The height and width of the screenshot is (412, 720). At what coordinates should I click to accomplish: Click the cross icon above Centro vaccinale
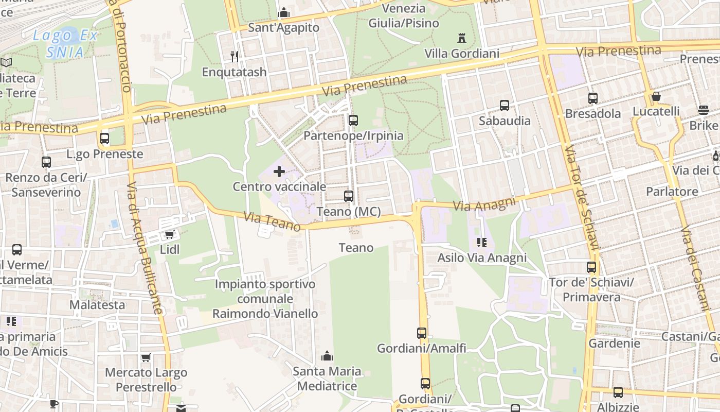coord(279,171)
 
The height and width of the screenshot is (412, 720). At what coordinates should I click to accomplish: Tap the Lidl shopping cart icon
coord(169,235)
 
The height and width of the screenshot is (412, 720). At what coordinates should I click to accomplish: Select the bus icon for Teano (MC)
coord(349,196)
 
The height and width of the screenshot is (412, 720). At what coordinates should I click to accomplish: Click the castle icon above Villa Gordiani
coord(461,38)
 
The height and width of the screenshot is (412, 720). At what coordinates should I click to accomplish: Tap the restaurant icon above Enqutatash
coord(235,56)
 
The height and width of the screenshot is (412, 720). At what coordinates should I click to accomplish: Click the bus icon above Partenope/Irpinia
coord(353,121)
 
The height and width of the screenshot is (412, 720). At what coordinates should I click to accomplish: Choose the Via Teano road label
coord(272,222)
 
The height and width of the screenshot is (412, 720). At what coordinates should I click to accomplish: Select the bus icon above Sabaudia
coord(505,106)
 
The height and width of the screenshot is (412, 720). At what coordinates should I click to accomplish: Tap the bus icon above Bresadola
coord(593,98)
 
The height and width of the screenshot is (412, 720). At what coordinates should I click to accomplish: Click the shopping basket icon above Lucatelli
coord(656,96)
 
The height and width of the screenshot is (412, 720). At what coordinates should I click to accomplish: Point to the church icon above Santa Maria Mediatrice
coord(327,356)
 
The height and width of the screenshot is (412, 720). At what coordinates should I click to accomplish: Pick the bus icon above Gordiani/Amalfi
coord(422,333)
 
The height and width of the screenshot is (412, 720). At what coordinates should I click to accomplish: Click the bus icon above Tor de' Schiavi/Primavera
coord(591,267)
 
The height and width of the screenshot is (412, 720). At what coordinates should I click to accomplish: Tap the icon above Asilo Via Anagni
coord(482,242)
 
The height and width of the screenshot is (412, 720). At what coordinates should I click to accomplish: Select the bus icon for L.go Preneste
coord(104,138)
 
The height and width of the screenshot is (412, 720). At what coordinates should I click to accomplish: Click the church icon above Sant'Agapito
coord(283,12)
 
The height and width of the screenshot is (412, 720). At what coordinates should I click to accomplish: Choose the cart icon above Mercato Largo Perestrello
coord(146,357)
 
